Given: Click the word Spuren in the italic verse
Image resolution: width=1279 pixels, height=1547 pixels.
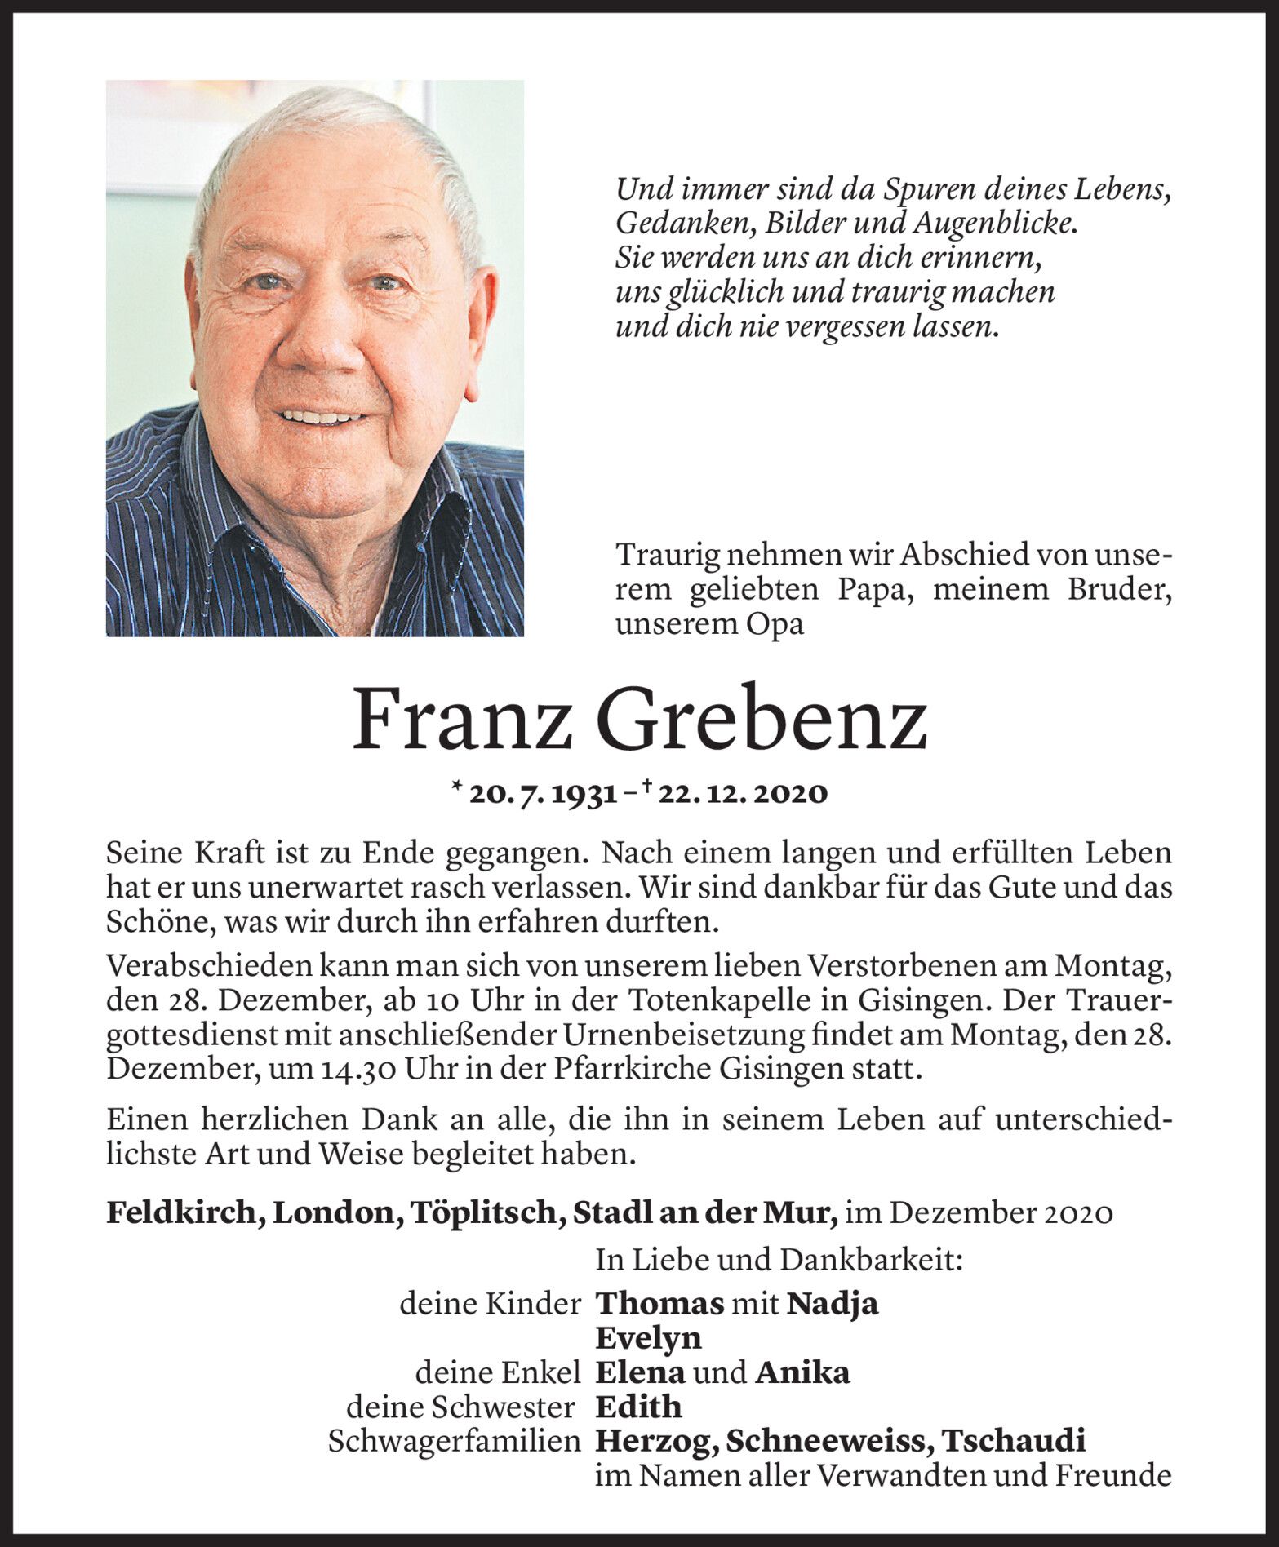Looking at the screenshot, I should [925, 189].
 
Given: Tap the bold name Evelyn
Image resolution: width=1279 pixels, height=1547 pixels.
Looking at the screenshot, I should [649, 1338].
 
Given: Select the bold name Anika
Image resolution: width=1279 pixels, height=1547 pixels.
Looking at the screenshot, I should [802, 1372].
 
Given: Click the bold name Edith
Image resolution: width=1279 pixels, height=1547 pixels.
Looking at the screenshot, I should [638, 1407].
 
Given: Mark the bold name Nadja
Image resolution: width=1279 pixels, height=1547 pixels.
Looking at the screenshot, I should [833, 1303].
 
